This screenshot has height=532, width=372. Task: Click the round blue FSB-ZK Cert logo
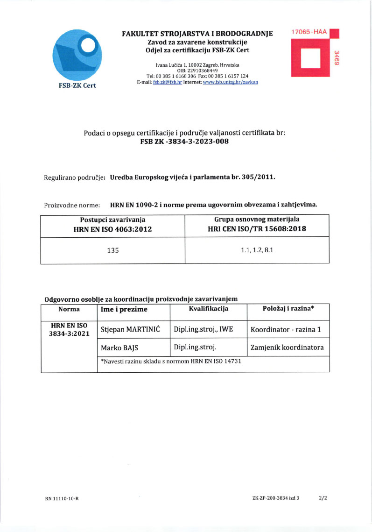tap(78, 55)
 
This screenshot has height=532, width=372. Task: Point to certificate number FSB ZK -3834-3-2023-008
tap(184, 142)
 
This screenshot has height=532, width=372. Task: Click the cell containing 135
tap(113, 250)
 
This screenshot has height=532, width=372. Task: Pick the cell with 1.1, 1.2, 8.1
tap(257, 250)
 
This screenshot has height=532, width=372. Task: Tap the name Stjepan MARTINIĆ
tap(131, 330)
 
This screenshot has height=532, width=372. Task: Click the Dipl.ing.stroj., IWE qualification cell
tap(203, 329)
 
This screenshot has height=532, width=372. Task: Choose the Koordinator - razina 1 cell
tap(286, 330)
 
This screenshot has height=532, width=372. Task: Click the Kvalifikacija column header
tap(208, 309)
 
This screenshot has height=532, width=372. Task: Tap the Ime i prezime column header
tap(124, 309)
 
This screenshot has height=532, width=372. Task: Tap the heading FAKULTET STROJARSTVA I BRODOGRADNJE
tap(197, 34)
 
